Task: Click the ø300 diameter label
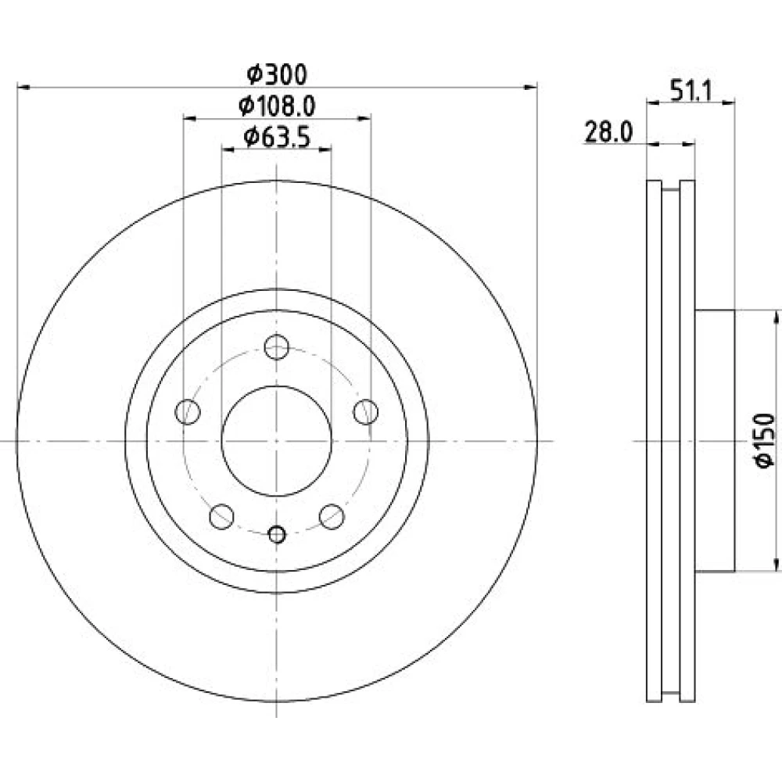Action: coord(277,75)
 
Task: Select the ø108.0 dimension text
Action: coord(277,106)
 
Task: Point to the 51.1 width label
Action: coord(691,91)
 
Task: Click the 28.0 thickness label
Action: coord(608,133)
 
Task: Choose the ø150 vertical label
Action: coord(766,441)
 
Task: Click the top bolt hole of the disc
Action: coord(277,346)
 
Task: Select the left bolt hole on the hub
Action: coord(188,412)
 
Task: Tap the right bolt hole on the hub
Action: coord(365,412)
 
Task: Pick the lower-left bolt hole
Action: coord(222,517)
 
